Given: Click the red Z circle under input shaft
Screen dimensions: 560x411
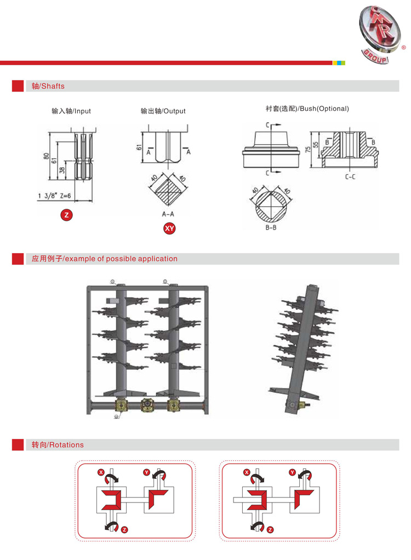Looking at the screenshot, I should [67, 215].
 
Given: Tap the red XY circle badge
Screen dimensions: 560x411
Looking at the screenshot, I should [169, 229].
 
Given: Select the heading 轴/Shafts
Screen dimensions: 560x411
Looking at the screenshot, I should [48, 86].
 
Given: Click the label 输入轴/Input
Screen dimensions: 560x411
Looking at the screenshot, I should [71, 111].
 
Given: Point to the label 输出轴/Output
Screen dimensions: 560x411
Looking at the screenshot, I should [163, 111].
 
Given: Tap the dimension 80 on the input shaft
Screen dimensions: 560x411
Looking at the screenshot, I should [47, 156].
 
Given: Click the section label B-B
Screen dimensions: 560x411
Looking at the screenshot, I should [271, 227].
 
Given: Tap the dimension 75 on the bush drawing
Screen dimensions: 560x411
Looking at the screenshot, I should [307, 149].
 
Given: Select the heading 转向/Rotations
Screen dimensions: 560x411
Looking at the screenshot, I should [58, 445].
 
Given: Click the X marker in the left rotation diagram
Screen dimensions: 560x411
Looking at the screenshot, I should [101, 472].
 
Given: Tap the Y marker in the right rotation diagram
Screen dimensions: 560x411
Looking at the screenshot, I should [292, 472].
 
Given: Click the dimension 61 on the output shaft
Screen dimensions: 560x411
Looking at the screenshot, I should [139, 146].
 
